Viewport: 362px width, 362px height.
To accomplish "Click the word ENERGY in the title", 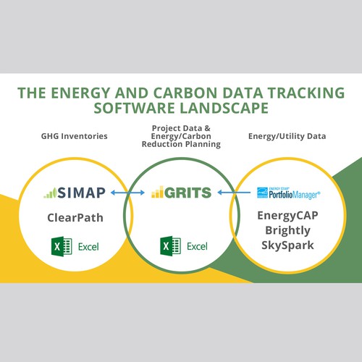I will coord(98,93).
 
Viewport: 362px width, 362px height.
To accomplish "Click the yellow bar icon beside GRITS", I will coord(159,193).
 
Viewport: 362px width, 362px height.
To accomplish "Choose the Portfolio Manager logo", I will coord(289,192).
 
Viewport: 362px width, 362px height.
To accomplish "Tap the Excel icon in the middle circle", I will coord(165,246).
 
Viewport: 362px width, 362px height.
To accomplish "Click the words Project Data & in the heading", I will coord(181,127).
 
